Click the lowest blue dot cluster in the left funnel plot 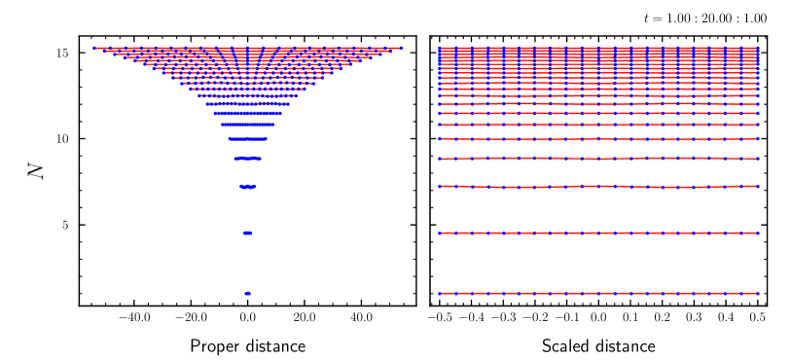(248, 293)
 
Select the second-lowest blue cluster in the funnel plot (248, 233)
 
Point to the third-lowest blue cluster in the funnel (248, 186)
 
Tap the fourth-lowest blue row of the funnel (248, 158)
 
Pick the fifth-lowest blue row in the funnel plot (248, 138)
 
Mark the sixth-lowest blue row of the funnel (248, 125)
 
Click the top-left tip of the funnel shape (95, 48)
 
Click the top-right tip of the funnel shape (401, 48)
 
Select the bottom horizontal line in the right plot (598, 293)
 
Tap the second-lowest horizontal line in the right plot (598, 233)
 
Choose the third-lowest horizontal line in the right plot (598, 186)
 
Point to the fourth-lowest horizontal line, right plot (598, 158)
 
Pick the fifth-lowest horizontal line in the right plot (598, 139)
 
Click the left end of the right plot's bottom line (440, 293)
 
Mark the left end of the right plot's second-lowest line (440, 233)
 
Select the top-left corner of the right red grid (439, 47)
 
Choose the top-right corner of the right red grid (758, 47)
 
